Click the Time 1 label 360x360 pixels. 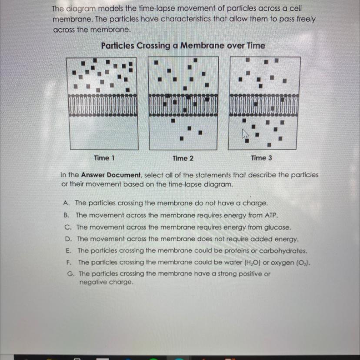104,158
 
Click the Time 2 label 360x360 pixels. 183,158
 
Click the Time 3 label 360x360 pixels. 261,158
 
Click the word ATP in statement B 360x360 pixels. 269,215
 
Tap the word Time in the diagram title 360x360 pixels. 255,45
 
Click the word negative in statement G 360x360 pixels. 93,282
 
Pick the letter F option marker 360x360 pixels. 71,263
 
